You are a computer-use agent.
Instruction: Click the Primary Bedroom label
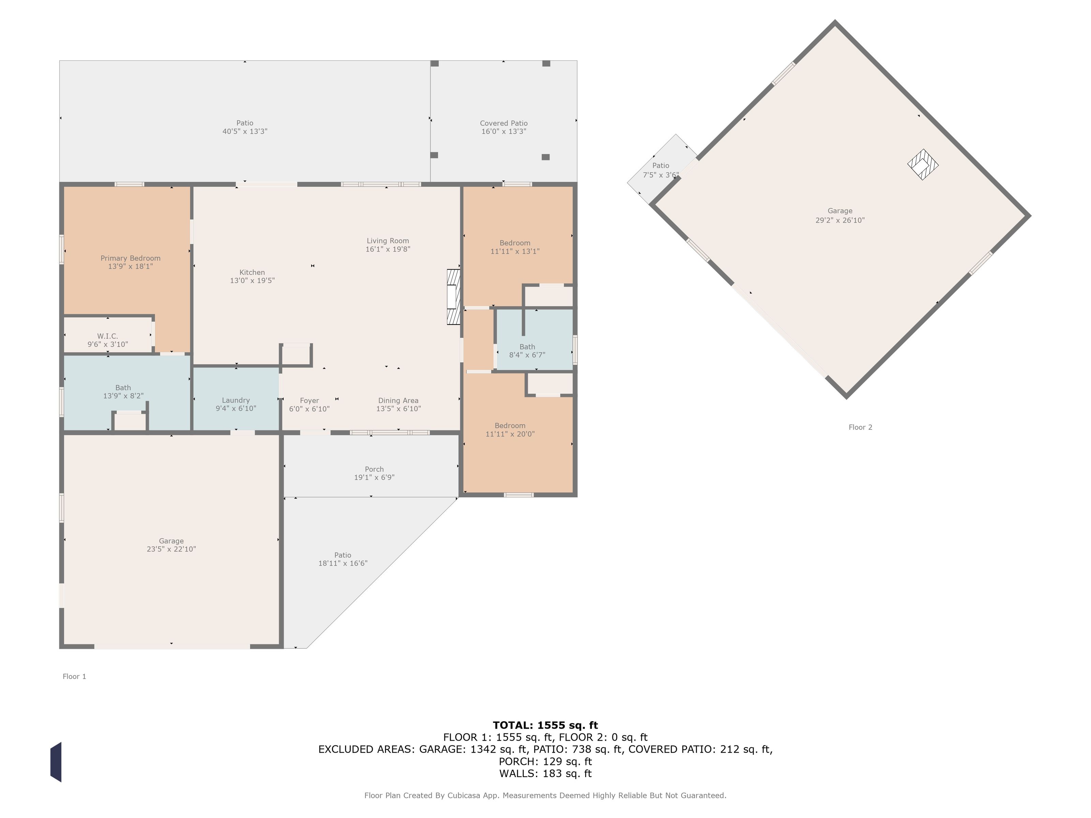(x=130, y=258)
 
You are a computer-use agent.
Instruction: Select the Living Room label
(x=388, y=241)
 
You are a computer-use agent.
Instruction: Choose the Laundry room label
(x=236, y=400)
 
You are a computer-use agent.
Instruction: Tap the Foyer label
(x=309, y=400)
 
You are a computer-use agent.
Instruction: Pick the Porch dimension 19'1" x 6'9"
(x=374, y=477)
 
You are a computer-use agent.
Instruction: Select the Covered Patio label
(x=504, y=123)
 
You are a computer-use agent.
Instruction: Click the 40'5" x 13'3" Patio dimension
(x=245, y=131)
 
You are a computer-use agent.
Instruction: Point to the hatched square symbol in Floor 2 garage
(x=923, y=165)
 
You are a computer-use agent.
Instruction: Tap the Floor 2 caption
(x=860, y=427)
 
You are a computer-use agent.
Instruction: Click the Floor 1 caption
(x=74, y=677)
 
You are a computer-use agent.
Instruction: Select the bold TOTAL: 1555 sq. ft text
(x=545, y=725)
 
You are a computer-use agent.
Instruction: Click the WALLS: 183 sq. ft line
(x=545, y=774)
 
